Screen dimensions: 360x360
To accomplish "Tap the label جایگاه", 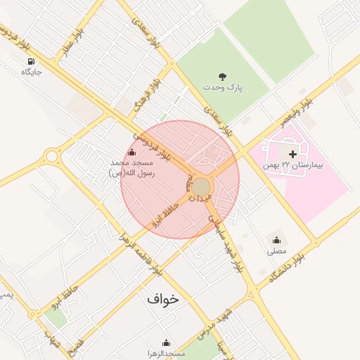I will tap(32, 72).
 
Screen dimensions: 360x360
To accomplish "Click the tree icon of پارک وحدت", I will tap(222, 76).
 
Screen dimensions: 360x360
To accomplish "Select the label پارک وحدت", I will tap(222, 87).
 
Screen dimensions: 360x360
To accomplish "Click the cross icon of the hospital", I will tap(292, 153).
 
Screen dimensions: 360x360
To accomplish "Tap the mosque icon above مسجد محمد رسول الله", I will tap(131, 152).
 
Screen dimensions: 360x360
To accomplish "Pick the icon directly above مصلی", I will tap(276, 240).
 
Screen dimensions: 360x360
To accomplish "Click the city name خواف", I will tap(163, 299).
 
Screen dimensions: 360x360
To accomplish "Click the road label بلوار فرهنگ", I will tap(144, 92).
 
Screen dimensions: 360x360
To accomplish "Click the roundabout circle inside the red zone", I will tap(201, 187).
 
